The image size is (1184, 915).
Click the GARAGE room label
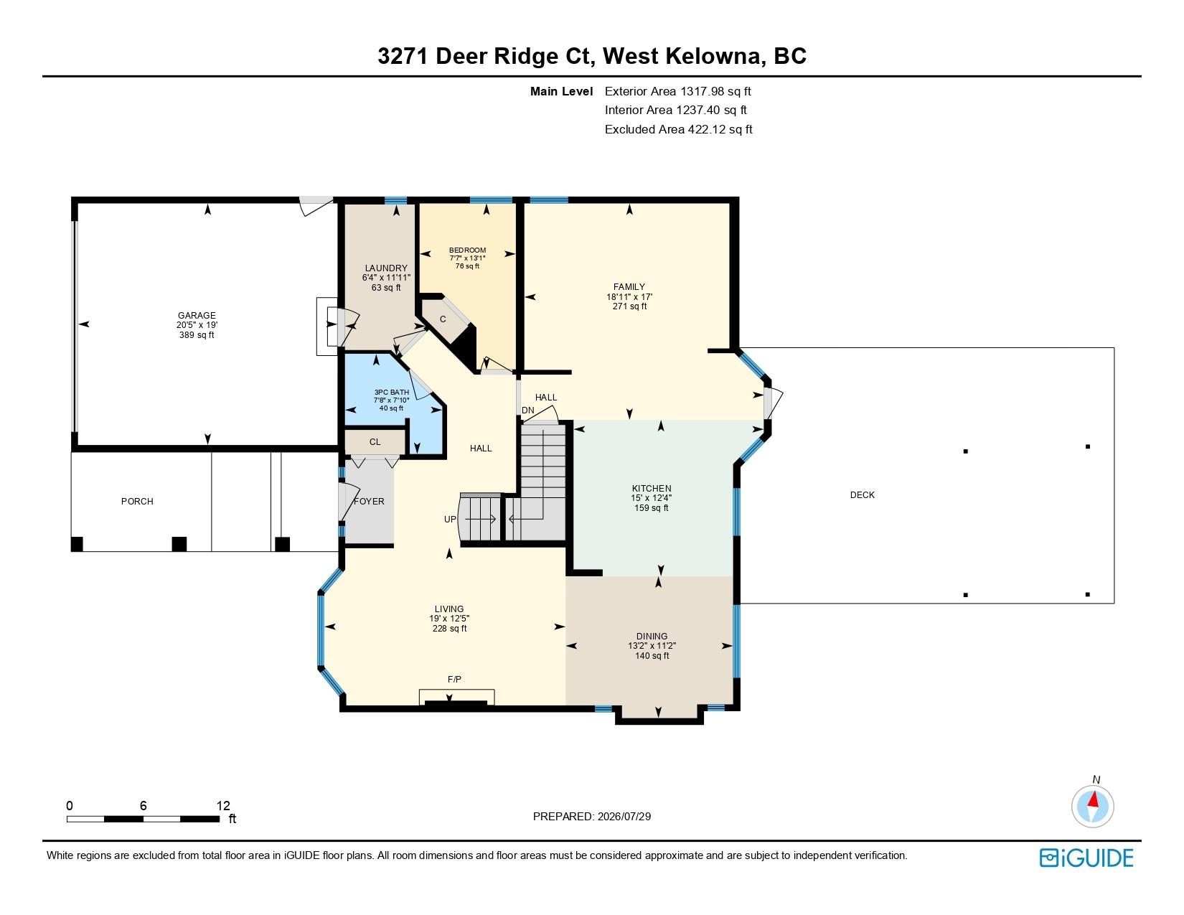point(197,316)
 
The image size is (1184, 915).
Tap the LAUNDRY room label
point(386,268)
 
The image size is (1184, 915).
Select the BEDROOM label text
point(467,250)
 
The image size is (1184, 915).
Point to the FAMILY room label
point(629,286)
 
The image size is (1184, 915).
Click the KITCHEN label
point(652,488)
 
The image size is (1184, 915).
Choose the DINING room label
point(652,636)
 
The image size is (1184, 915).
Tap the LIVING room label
point(449,609)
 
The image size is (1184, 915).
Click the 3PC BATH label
point(391,392)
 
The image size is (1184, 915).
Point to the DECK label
point(863,495)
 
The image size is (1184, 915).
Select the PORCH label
point(137,502)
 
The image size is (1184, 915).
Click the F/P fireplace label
point(454,679)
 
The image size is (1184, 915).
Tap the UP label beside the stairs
point(450,520)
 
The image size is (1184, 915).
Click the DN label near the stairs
point(528,410)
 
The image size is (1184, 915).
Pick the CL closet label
point(375,442)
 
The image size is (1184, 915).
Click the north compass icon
point(1092,807)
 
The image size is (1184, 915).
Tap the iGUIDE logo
point(1086,858)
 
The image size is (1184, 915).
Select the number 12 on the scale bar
point(223,805)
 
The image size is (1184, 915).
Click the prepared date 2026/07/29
point(624,817)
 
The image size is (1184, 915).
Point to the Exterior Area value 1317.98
point(703,91)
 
